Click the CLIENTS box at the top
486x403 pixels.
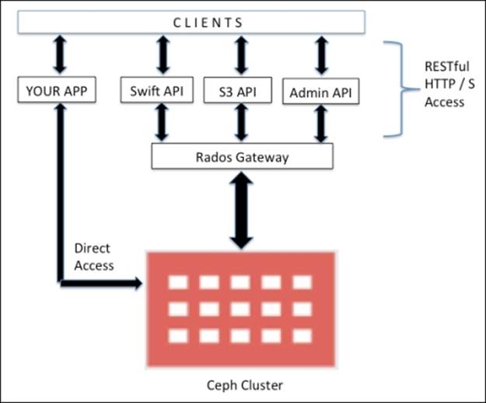(x=191, y=23)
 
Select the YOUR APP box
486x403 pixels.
(x=57, y=92)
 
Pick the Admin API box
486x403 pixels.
(x=320, y=93)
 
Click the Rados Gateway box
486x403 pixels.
(x=242, y=157)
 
